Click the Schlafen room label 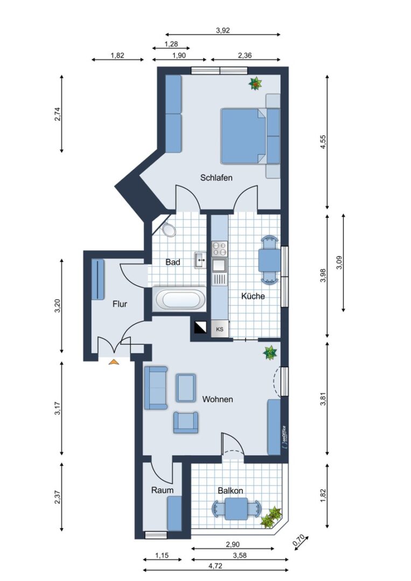coord(216,178)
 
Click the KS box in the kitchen coord(220,329)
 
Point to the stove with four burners coord(219,249)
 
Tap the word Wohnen coord(218,399)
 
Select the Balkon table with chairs coord(236,508)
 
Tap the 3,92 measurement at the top coord(222,31)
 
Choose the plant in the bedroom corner coord(255,83)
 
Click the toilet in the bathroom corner coord(169,230)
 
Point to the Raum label coord(162,490)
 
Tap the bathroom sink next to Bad coord(200,260)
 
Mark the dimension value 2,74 coord(58,115)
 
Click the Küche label coord(253,296)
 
